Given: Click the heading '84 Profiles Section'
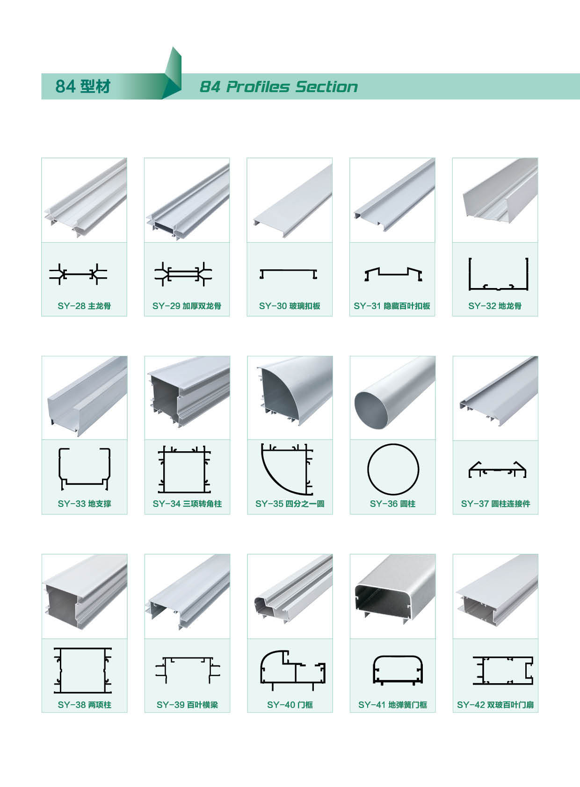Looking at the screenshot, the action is click(278, 87).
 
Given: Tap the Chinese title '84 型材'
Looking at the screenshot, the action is click(83, 87).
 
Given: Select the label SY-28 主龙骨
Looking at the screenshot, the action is click(84, 306).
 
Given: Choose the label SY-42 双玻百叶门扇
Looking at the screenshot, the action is click(495, 705).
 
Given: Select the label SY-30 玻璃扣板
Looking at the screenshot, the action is click(290, 306).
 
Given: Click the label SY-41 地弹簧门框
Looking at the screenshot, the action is click(392, 705).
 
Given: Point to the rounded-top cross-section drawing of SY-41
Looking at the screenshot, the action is click(398, 657).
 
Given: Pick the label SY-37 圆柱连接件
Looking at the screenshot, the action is click(496, 504).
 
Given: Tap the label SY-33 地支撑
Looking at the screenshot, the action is click(84, 504).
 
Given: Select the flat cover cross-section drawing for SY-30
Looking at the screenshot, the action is click(288, 270).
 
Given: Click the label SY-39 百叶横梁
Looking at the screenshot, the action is click(188, 705).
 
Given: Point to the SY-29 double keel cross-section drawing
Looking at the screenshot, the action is click(183, 274).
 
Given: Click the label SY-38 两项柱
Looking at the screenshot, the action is click(84, 705).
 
